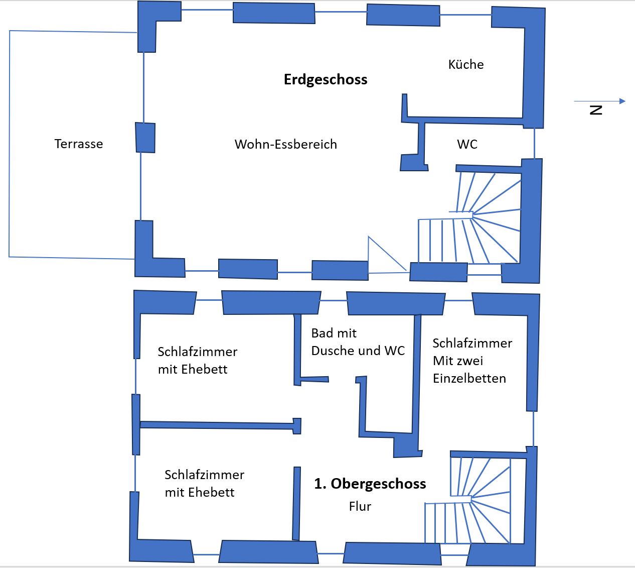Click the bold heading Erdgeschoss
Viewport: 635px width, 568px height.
pyautogui.click(x=326, y=79)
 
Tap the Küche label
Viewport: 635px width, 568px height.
pyautogui.click(x=466, y=64)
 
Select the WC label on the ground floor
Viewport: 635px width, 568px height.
pyautogui.click(x=467, y=144)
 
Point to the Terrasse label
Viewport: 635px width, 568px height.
pyautogui.click(x=79, y=144)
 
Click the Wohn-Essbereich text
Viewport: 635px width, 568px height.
pyautogui.click(x=286, y=144)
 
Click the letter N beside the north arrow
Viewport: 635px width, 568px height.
pyautogui.click(x=596, y=110)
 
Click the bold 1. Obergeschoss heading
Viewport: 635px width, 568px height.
pyautogui.click(x=370, y=484)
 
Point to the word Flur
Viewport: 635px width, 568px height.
pyautogui.click(x=360, y=506)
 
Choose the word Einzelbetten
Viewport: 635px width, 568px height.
pyautogui.click(x=469, y=378)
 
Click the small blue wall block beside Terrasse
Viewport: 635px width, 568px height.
pyautogui.click(x=145, y=138)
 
